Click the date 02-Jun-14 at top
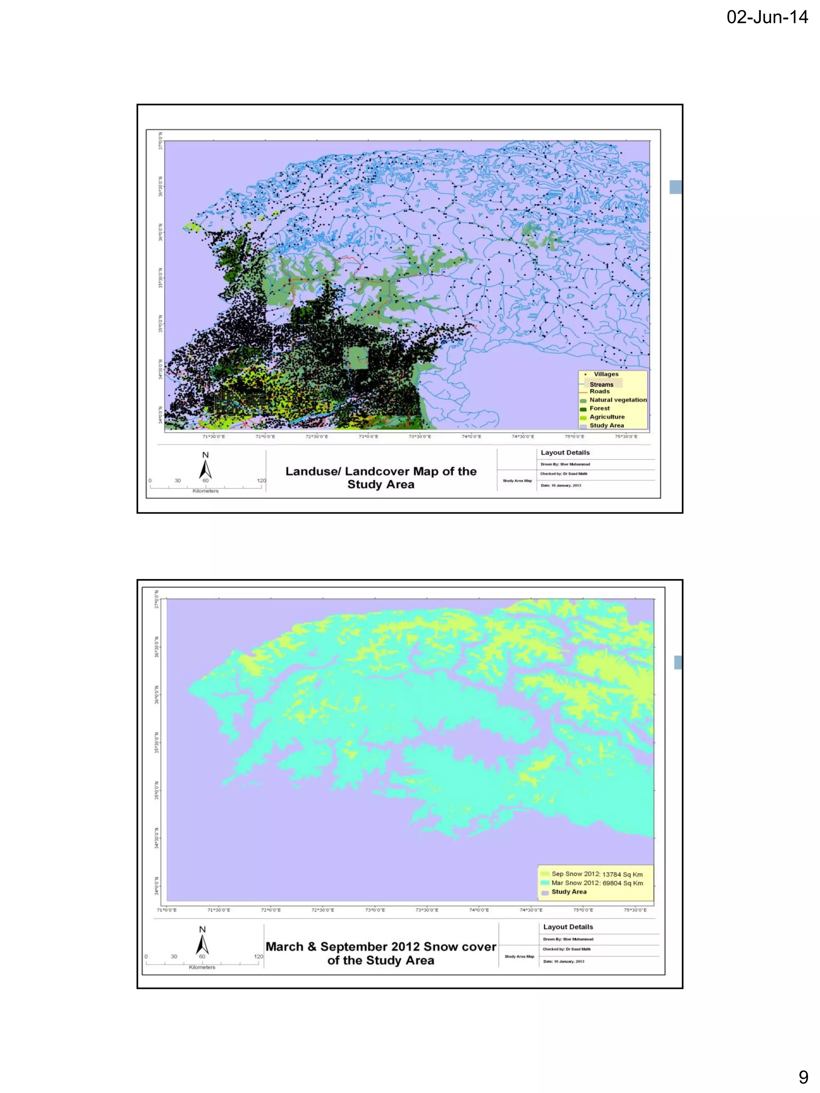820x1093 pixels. click(767, 17)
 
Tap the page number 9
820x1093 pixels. click(803, 1077)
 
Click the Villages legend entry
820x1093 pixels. click(605, 374)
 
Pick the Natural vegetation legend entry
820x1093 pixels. click(617, 400)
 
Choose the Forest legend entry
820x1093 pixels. click(599, 408)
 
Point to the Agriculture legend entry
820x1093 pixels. click(607, 417)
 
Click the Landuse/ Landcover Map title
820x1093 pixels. click(381, 477)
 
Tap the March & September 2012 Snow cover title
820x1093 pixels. click(381, 953)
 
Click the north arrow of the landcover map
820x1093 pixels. click(205, 469)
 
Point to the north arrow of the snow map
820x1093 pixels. click(202, 944)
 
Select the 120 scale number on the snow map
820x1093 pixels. click(259, 957)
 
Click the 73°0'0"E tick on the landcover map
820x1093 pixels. click(368, 437)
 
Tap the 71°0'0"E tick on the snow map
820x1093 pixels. click(167, 910)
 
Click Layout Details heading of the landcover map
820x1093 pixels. click(565, 453)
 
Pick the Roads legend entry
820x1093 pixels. click(599, 391)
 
